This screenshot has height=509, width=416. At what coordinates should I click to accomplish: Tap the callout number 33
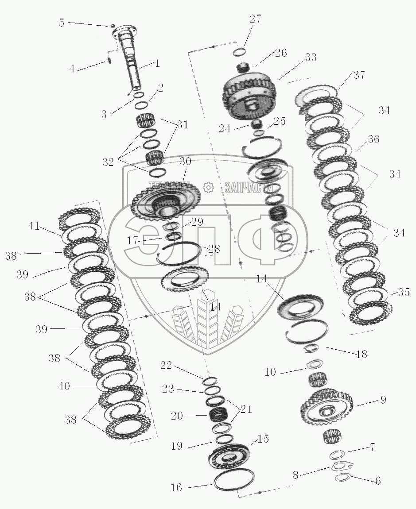(311, 58)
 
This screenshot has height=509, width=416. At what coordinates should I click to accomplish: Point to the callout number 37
(359, 75)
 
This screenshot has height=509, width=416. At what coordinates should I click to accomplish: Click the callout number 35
(403, 292)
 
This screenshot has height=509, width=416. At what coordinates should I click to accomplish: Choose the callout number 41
(34, 228)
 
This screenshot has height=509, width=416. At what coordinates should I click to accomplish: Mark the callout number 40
(64, 386)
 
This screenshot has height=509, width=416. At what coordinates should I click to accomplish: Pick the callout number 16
(176, 488)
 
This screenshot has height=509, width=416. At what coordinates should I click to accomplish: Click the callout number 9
(383, 400)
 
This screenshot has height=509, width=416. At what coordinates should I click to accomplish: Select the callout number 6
(377, 481)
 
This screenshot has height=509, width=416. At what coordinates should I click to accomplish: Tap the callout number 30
(185, 162)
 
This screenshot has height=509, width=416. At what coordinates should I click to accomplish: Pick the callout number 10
(270, 372)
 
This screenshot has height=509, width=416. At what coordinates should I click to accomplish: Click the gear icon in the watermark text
(207, 188)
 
